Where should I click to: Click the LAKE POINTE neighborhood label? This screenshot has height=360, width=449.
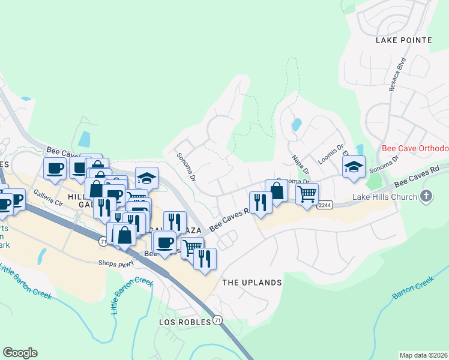[404, 40]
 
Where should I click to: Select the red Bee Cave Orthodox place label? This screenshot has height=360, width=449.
[415, 148]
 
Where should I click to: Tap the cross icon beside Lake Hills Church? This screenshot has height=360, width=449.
[426, 196]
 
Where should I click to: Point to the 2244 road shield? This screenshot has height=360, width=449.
[325, 205]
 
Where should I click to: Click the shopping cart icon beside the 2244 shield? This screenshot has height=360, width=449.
[307, 194]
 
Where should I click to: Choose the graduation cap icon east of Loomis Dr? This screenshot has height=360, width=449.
[354, 166]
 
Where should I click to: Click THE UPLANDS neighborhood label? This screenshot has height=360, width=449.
[252, 283]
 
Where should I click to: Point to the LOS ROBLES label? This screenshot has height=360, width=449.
[185, 322]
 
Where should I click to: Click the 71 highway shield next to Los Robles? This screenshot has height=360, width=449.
[217, 322]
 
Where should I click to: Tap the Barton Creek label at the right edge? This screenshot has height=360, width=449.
[413, 288]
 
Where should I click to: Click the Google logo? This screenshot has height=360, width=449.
[20, 353]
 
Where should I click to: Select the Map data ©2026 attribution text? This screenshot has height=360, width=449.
[423, 355]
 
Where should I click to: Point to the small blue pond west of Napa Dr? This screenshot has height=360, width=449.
[296, 125]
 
